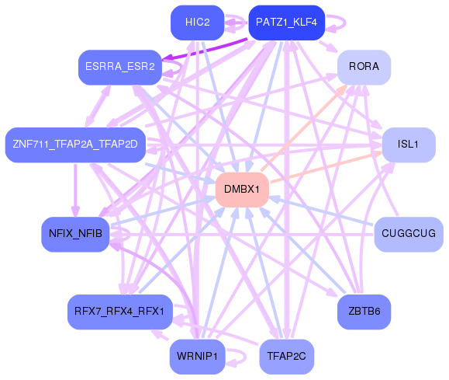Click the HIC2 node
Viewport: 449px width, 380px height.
coord(197,23)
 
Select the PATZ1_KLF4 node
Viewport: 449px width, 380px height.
coord(285,23)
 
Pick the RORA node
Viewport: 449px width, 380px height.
coord(364,68)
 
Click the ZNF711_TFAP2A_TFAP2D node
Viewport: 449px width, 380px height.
coord(74,144)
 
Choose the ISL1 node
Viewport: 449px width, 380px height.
coord(408,145)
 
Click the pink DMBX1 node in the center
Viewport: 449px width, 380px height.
coord(242,190)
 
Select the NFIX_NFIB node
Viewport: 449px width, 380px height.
coord(75,234)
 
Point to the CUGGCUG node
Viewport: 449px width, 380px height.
coord(408,234)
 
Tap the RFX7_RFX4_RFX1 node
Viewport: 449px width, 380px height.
coord(119,312)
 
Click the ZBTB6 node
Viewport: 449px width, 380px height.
coord(364,312)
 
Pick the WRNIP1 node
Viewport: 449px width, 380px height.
coord(197,357)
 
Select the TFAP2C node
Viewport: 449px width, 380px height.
coord(286,357)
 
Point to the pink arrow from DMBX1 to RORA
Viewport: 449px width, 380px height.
coord(302,128)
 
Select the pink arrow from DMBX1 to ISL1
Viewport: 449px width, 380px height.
coord(326,167)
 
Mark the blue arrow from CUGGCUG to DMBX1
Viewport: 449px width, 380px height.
coord(326,212)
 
